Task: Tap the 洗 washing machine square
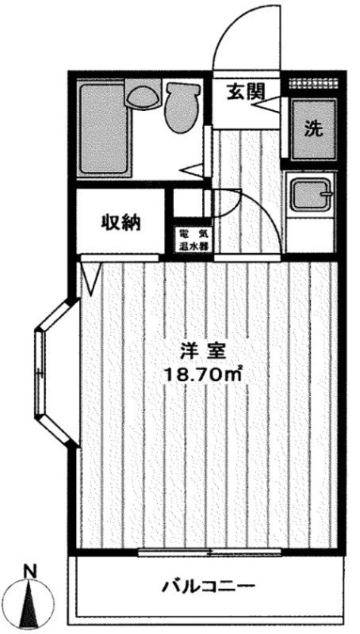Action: click(x=313, y=129)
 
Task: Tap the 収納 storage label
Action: click(x=121, y=223)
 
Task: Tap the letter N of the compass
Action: click(x=29, y=570)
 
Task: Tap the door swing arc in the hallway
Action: click(x=254, y=214)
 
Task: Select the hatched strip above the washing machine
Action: click(x=313, y=82)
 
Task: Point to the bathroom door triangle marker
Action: click(x=193, y=167)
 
